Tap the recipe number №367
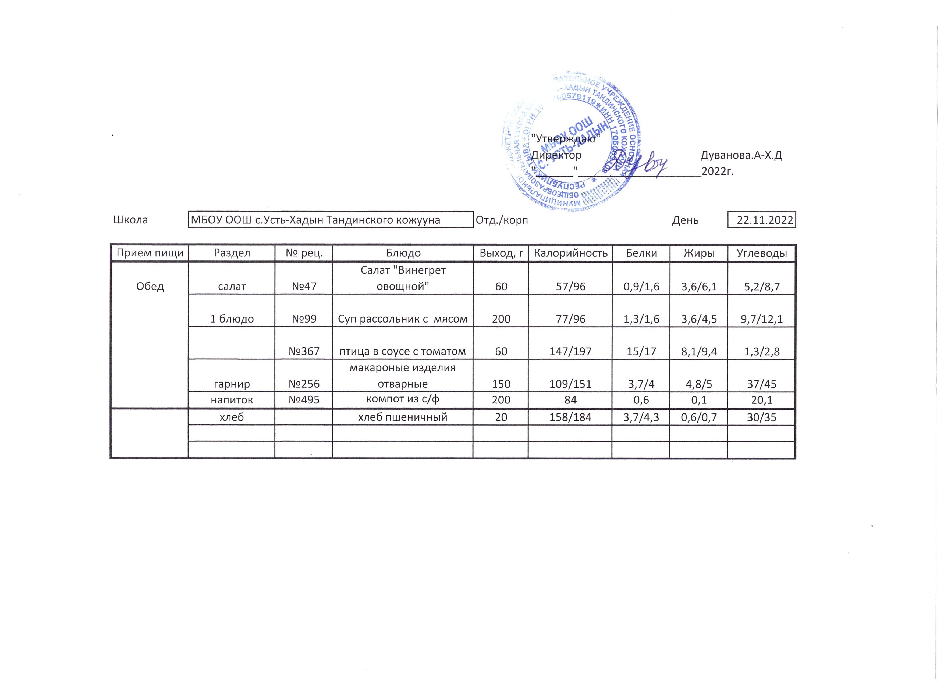304,351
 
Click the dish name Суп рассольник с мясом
403,319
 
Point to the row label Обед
150,286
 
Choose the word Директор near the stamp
556,155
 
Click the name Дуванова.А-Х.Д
741,155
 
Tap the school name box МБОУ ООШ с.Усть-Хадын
331,220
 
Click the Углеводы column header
762,253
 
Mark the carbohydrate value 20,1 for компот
762,400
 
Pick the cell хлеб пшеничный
403,417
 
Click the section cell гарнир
232,384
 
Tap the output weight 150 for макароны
501,384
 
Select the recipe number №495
304,400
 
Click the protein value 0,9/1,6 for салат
641,286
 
